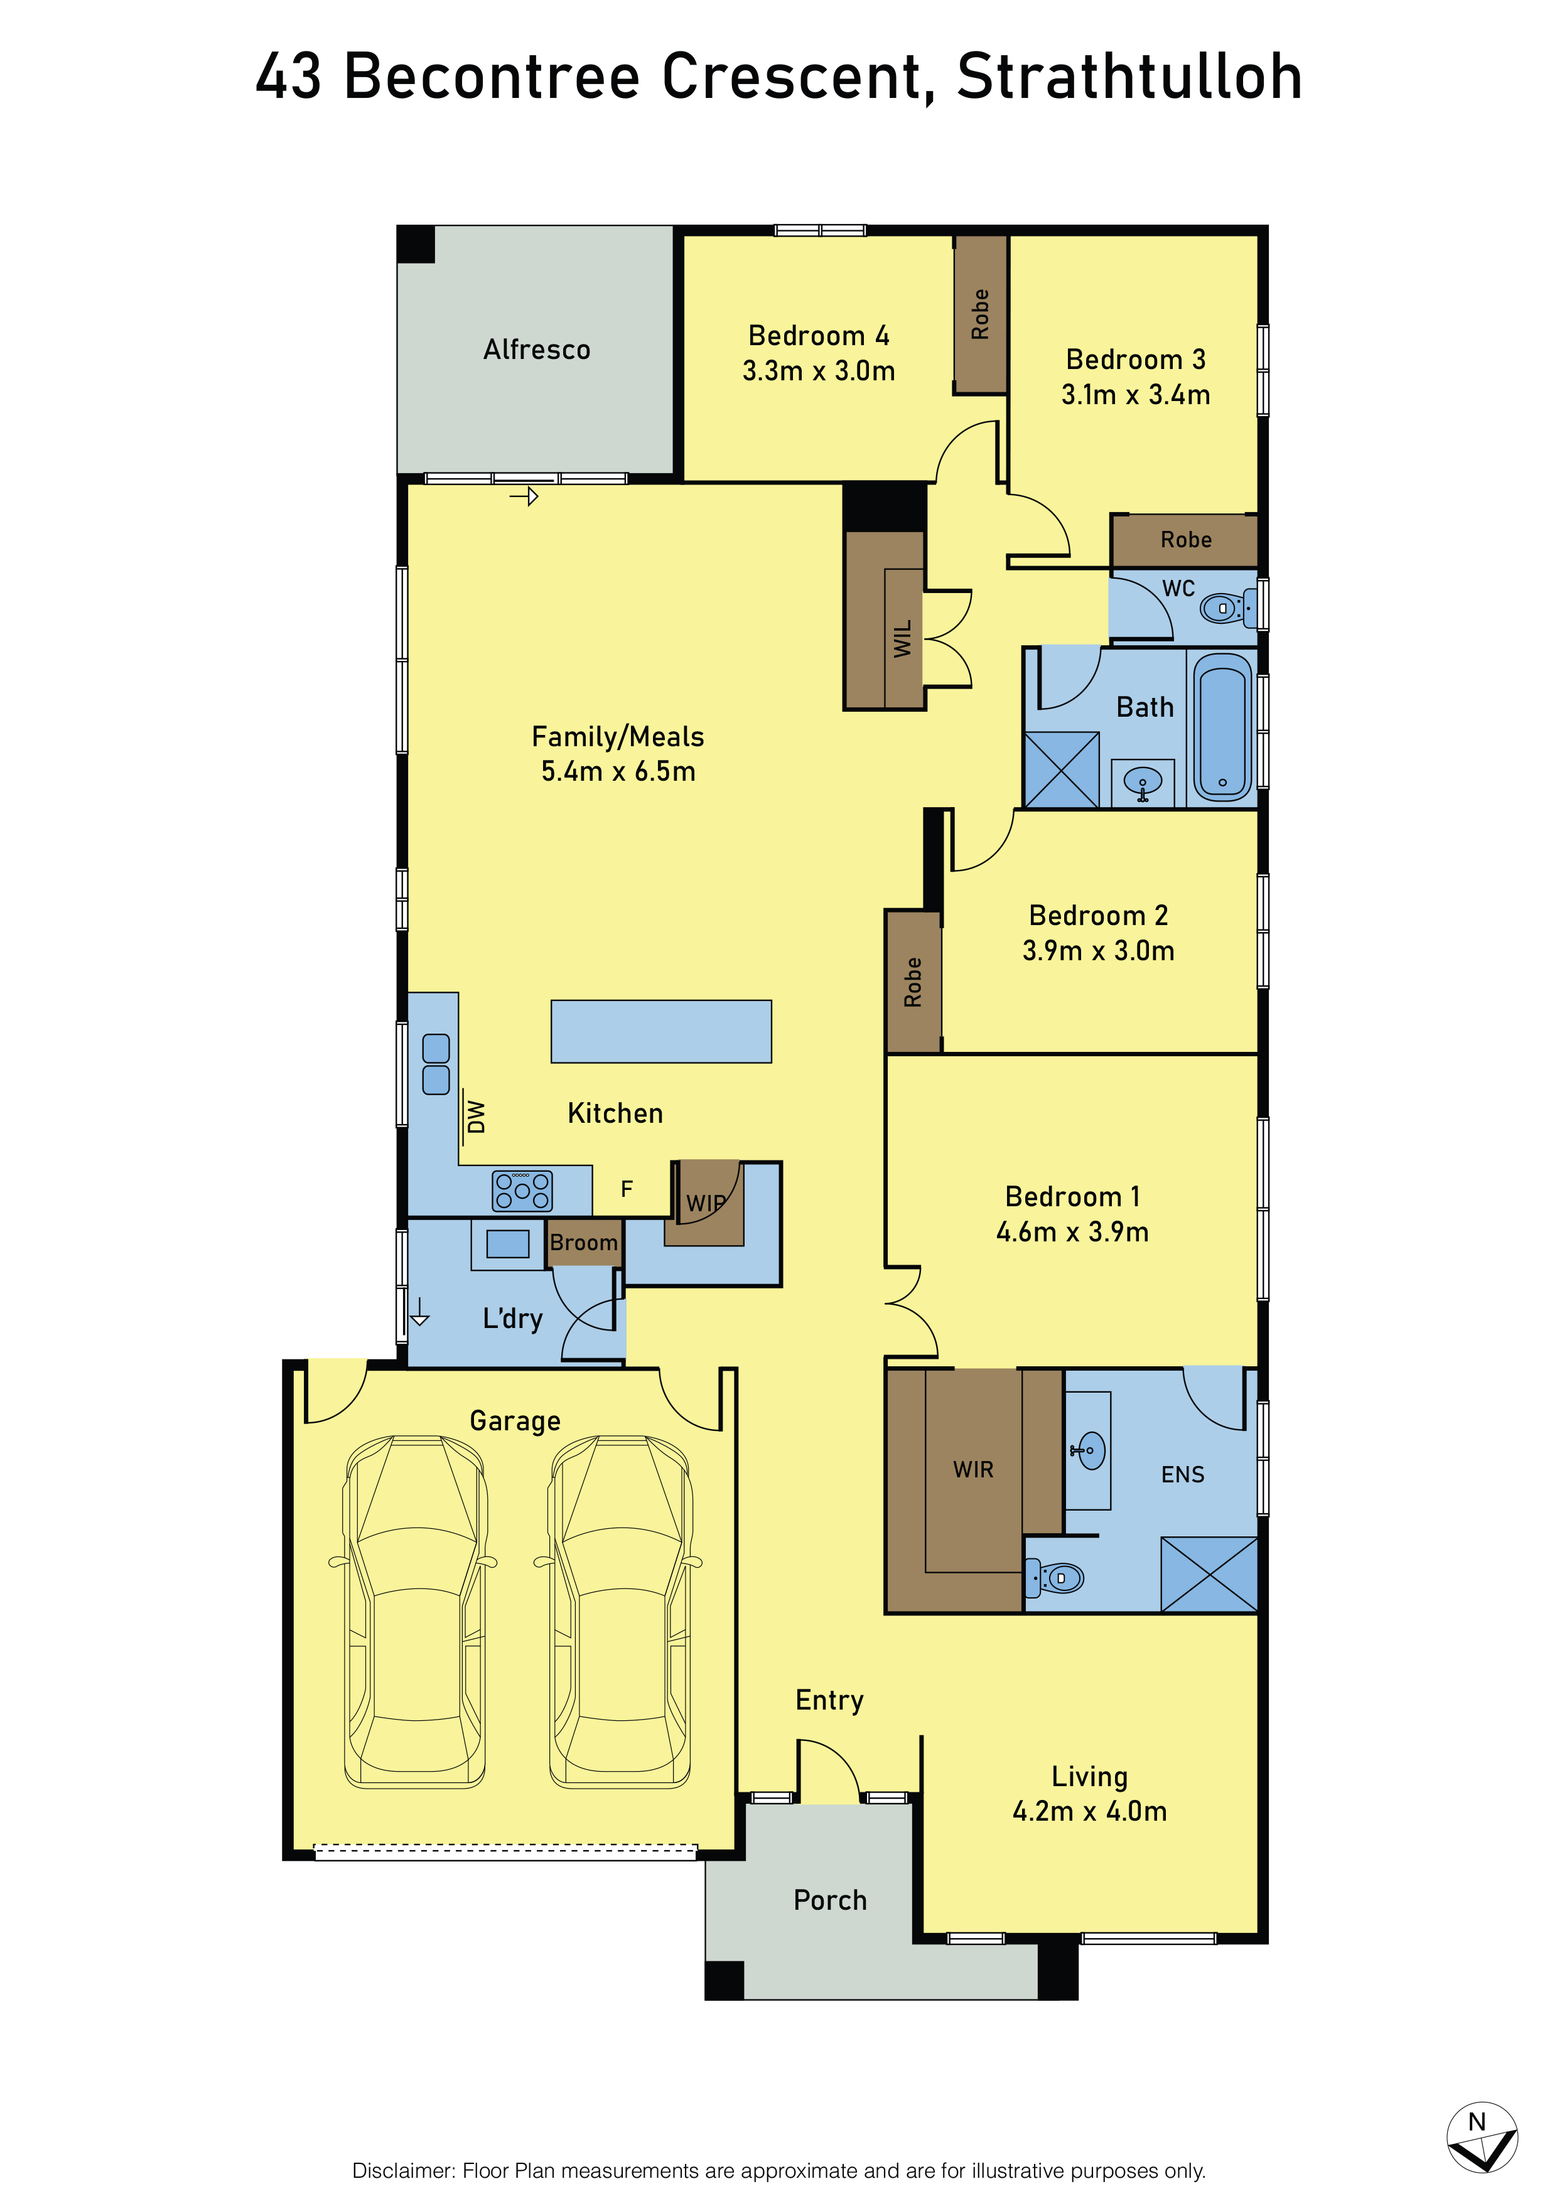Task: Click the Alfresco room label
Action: tap(537, 350)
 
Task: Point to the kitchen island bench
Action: tap(660, 1032)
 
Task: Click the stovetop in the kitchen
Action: tap(522, 1191)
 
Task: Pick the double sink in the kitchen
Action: tap(436, 1064)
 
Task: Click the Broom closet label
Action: tap(584, 1243)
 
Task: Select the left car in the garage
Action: tap(414, 1612)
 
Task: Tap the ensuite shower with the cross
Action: tap(1209, 1575)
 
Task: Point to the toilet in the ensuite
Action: tap(1055, 1578)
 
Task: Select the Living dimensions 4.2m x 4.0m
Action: tap(1090, 1812)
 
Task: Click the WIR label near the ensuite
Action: tap(973, 1470)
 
